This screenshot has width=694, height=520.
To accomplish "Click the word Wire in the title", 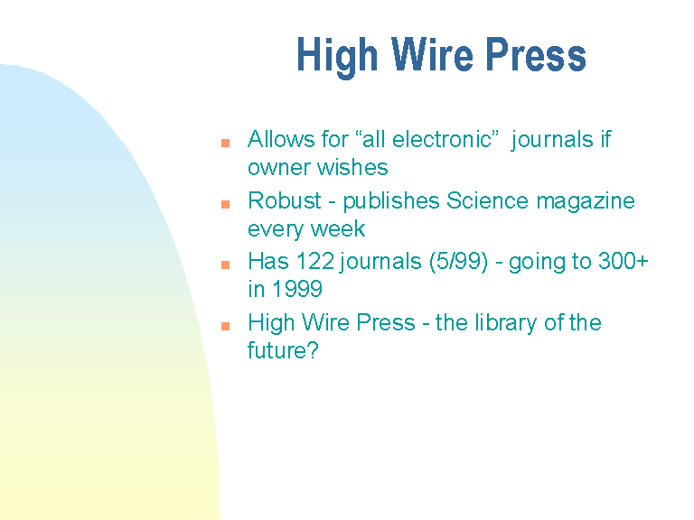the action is click(432, 54).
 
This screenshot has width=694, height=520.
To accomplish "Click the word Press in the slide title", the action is click(536, 54).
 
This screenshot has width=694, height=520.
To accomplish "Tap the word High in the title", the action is click(337, 58).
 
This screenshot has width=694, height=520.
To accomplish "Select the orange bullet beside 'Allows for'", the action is click(225, 143).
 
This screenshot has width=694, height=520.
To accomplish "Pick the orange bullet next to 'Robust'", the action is click(225, 204).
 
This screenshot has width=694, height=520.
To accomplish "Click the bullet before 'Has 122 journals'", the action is click(225, 265).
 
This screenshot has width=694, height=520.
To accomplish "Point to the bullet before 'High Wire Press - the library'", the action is click(225, 326).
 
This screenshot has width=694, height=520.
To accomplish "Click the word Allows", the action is click(282, 139).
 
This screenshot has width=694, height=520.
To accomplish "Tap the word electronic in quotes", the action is click(442, 139).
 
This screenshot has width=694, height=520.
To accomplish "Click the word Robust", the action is click(285, 200).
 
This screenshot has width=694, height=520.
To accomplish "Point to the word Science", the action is click(487, 200).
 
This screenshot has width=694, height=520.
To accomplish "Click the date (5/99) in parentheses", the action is click(458, 262).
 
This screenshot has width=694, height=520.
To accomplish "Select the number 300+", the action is click(624, 261).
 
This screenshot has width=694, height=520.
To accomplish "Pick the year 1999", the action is click(297, 289).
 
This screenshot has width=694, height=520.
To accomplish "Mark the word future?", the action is click(283, 350).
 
